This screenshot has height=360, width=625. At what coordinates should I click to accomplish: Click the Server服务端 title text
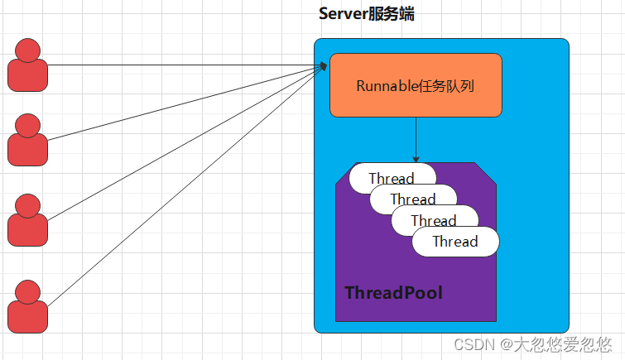[366, 15]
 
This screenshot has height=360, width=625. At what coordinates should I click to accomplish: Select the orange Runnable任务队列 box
[416, 85]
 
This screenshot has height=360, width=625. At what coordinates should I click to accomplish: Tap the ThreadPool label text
[393, 293]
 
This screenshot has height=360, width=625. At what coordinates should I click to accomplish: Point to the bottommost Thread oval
[455, 242]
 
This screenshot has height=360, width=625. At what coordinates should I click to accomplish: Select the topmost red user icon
[28, 65]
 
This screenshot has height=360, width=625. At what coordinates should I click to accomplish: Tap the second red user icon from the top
[28, 142]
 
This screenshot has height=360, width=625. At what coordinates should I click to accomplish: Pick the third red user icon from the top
[28, 221]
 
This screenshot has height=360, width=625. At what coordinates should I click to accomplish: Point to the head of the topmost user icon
[28, 50]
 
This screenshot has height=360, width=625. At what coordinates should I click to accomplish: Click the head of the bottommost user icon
[28, 291]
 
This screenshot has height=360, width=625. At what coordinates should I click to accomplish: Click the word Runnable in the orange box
[383, 85]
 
